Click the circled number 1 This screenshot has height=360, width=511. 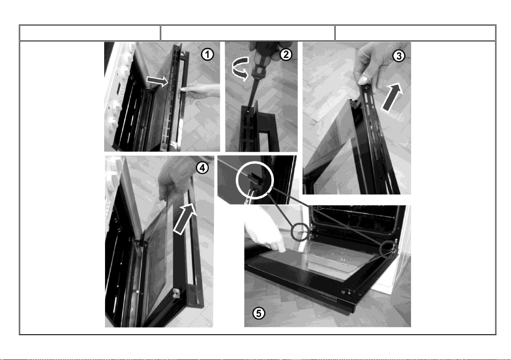point(207,54)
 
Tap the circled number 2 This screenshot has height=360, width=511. point(286,54)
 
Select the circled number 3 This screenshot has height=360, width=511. point(399,56)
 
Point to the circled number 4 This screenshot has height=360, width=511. point(202,168)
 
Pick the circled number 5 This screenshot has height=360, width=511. point(259,313)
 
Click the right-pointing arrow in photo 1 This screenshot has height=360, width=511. point(157,81)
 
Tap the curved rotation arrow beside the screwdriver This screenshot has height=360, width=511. point(240,69)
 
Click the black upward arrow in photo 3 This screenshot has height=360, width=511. point(392,97)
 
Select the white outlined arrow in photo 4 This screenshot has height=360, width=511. point(185,219)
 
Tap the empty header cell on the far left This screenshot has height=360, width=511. point(90,33)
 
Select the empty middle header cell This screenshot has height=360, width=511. point(248,33)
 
